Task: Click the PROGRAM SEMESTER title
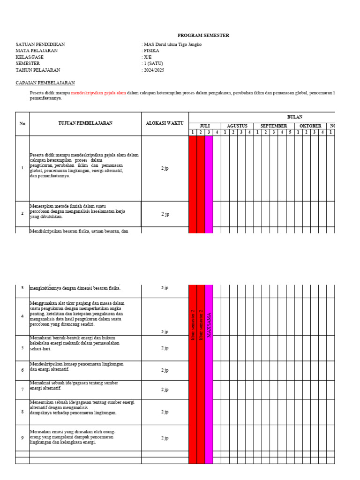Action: pyautogui.click(x=203, y=36)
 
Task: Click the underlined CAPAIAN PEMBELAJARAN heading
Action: pyautogui.click(x=45, y=82)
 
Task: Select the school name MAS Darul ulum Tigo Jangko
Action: pyautogui.click(x=173, y=45)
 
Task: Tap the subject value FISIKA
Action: pyautogui.click(x=151, y=51)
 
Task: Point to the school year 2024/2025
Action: pyautogui.click(x=154, y=70)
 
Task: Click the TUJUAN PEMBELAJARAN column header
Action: pyautogui.click(x=85, y=123)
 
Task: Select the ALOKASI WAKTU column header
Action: pyautogui.click(x=165, y=123)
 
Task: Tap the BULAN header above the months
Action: pyautogui.click(x=294, y=117)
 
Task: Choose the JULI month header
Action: pyautogui.click(x=205, y=126)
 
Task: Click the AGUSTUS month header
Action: pyautogui.click(x=237, y=126)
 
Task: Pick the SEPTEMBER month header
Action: pyautogui.click(x=274, y=126)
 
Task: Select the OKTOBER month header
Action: pyautogui.click(x=310, y=126)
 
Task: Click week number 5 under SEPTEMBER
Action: pyautogui.click(x=290, y=132)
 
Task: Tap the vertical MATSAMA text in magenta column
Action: pyautogui.click(x=209, y=325)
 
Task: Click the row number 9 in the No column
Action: pyautogui.click(x=22, y=438)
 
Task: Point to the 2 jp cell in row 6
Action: pyautogui.click(x=165, y=370)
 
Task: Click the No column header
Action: pyautogui.click(x=22, y=124)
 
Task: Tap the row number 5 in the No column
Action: pyautogui.click(x=22, y=348)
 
